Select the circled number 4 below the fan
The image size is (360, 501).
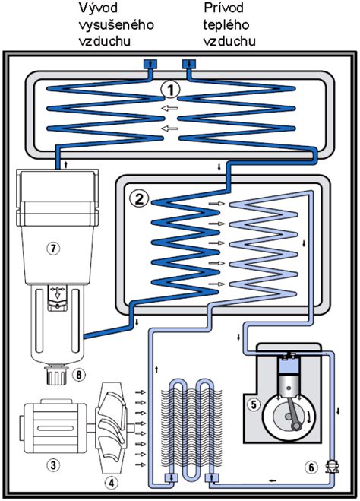112,480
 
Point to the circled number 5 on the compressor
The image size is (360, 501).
254,404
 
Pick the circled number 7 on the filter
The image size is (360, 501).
52,247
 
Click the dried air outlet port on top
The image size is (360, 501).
149,63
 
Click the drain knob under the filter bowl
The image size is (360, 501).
54,376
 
